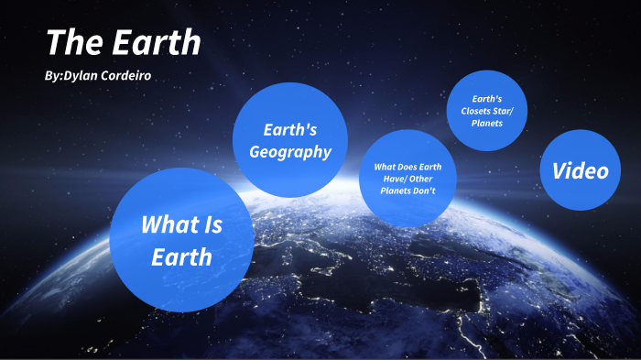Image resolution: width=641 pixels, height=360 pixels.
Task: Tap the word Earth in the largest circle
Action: pos(181,256)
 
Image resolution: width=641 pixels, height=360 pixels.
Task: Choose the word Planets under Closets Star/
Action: pos(488,123)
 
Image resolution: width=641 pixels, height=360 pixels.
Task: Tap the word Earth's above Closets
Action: pos(487,98)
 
